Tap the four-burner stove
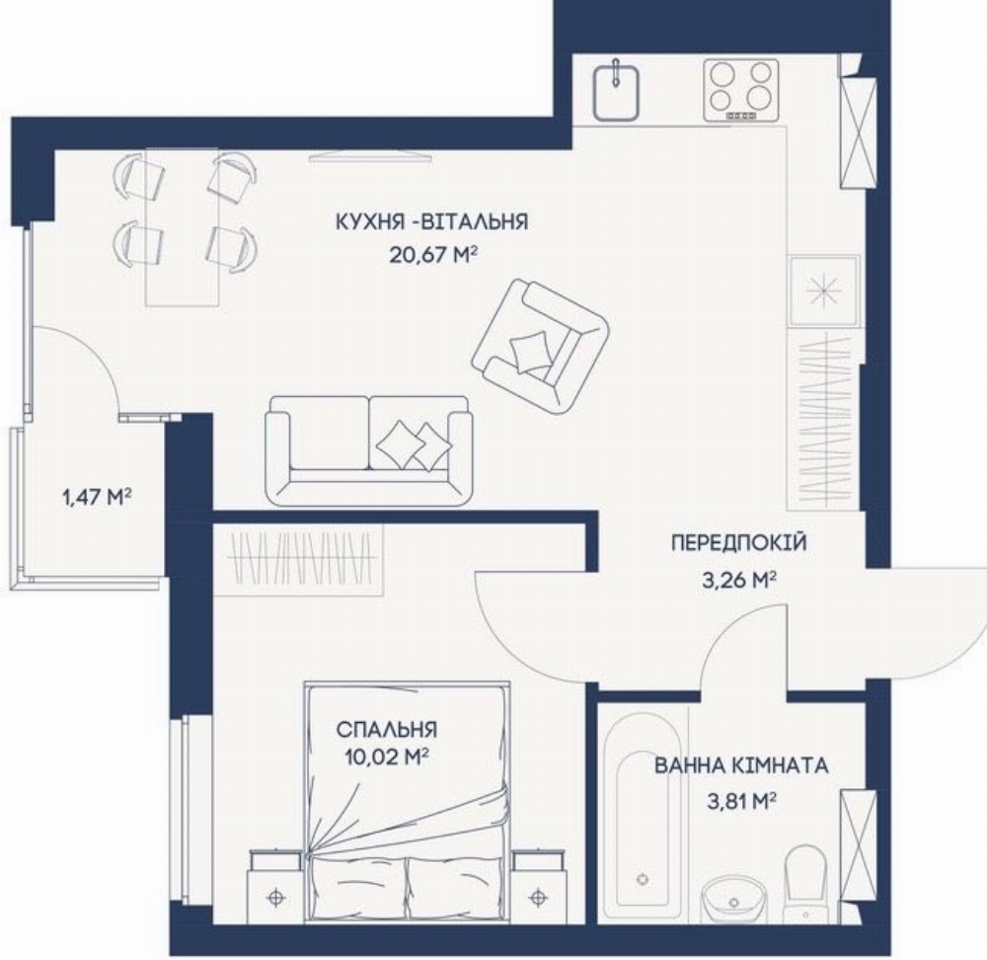[x=741, y=90]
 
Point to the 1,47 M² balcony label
[x=97, y=498]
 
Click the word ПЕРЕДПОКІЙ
[x=739, y=542]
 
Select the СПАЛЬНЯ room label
[x=387, y=730]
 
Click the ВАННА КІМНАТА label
[x=741, y=766]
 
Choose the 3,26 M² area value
[x=738, y=579]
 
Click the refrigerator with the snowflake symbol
[x=824, y=290]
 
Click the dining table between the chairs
[x=183, y=227]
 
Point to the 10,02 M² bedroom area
[x=387, y=756]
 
